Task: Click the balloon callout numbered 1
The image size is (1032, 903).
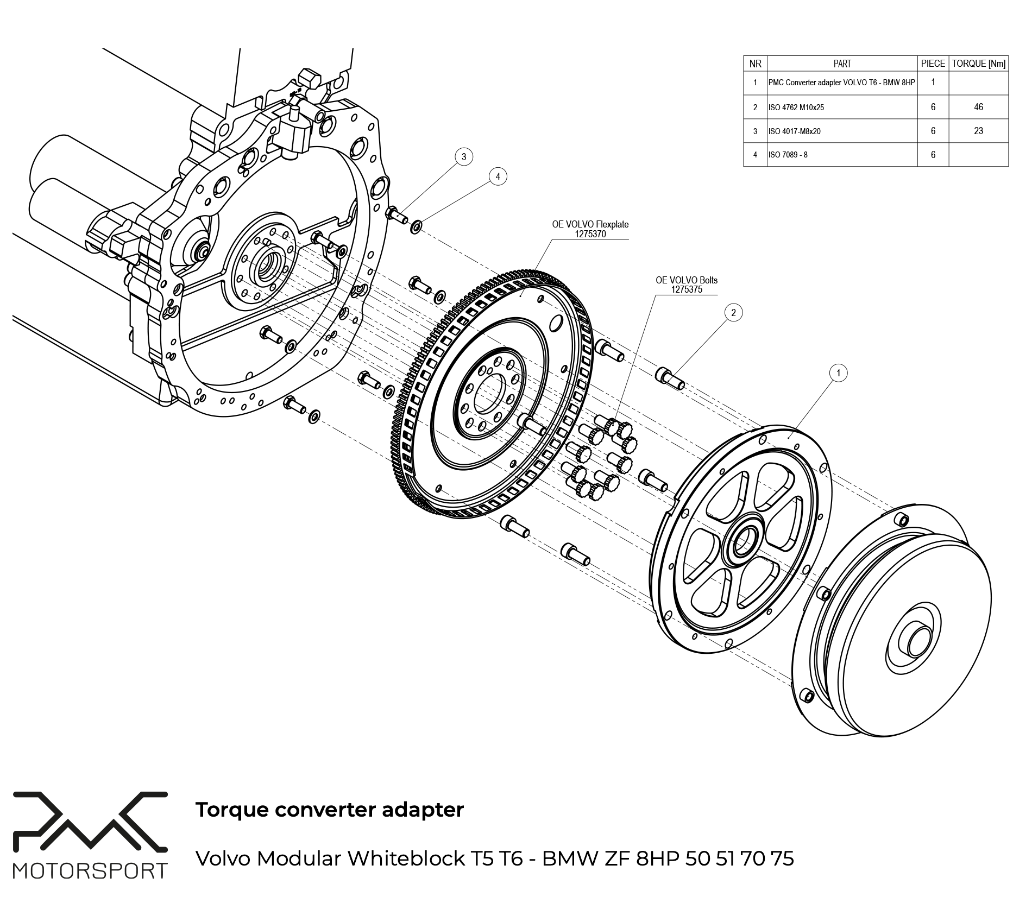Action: coord(839,373)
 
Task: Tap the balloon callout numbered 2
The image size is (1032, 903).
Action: coord(734,312)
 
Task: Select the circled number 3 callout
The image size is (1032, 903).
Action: coord(463,157)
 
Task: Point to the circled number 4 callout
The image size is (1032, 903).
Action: coord(498,176)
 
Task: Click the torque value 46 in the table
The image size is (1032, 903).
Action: coord(978,107)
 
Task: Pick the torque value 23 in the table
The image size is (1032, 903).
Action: coord(978,131)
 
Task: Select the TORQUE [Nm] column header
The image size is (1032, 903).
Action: coord(978,64)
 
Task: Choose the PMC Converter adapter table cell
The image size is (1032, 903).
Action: coord(841,83)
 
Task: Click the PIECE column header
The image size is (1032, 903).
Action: coord(933,64)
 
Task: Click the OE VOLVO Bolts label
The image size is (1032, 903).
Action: coord(687,285)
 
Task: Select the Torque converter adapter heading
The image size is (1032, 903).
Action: coord(329,810)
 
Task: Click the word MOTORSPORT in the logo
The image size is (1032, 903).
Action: coord(90,871)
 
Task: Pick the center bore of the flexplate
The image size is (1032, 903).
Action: coord(490,394)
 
